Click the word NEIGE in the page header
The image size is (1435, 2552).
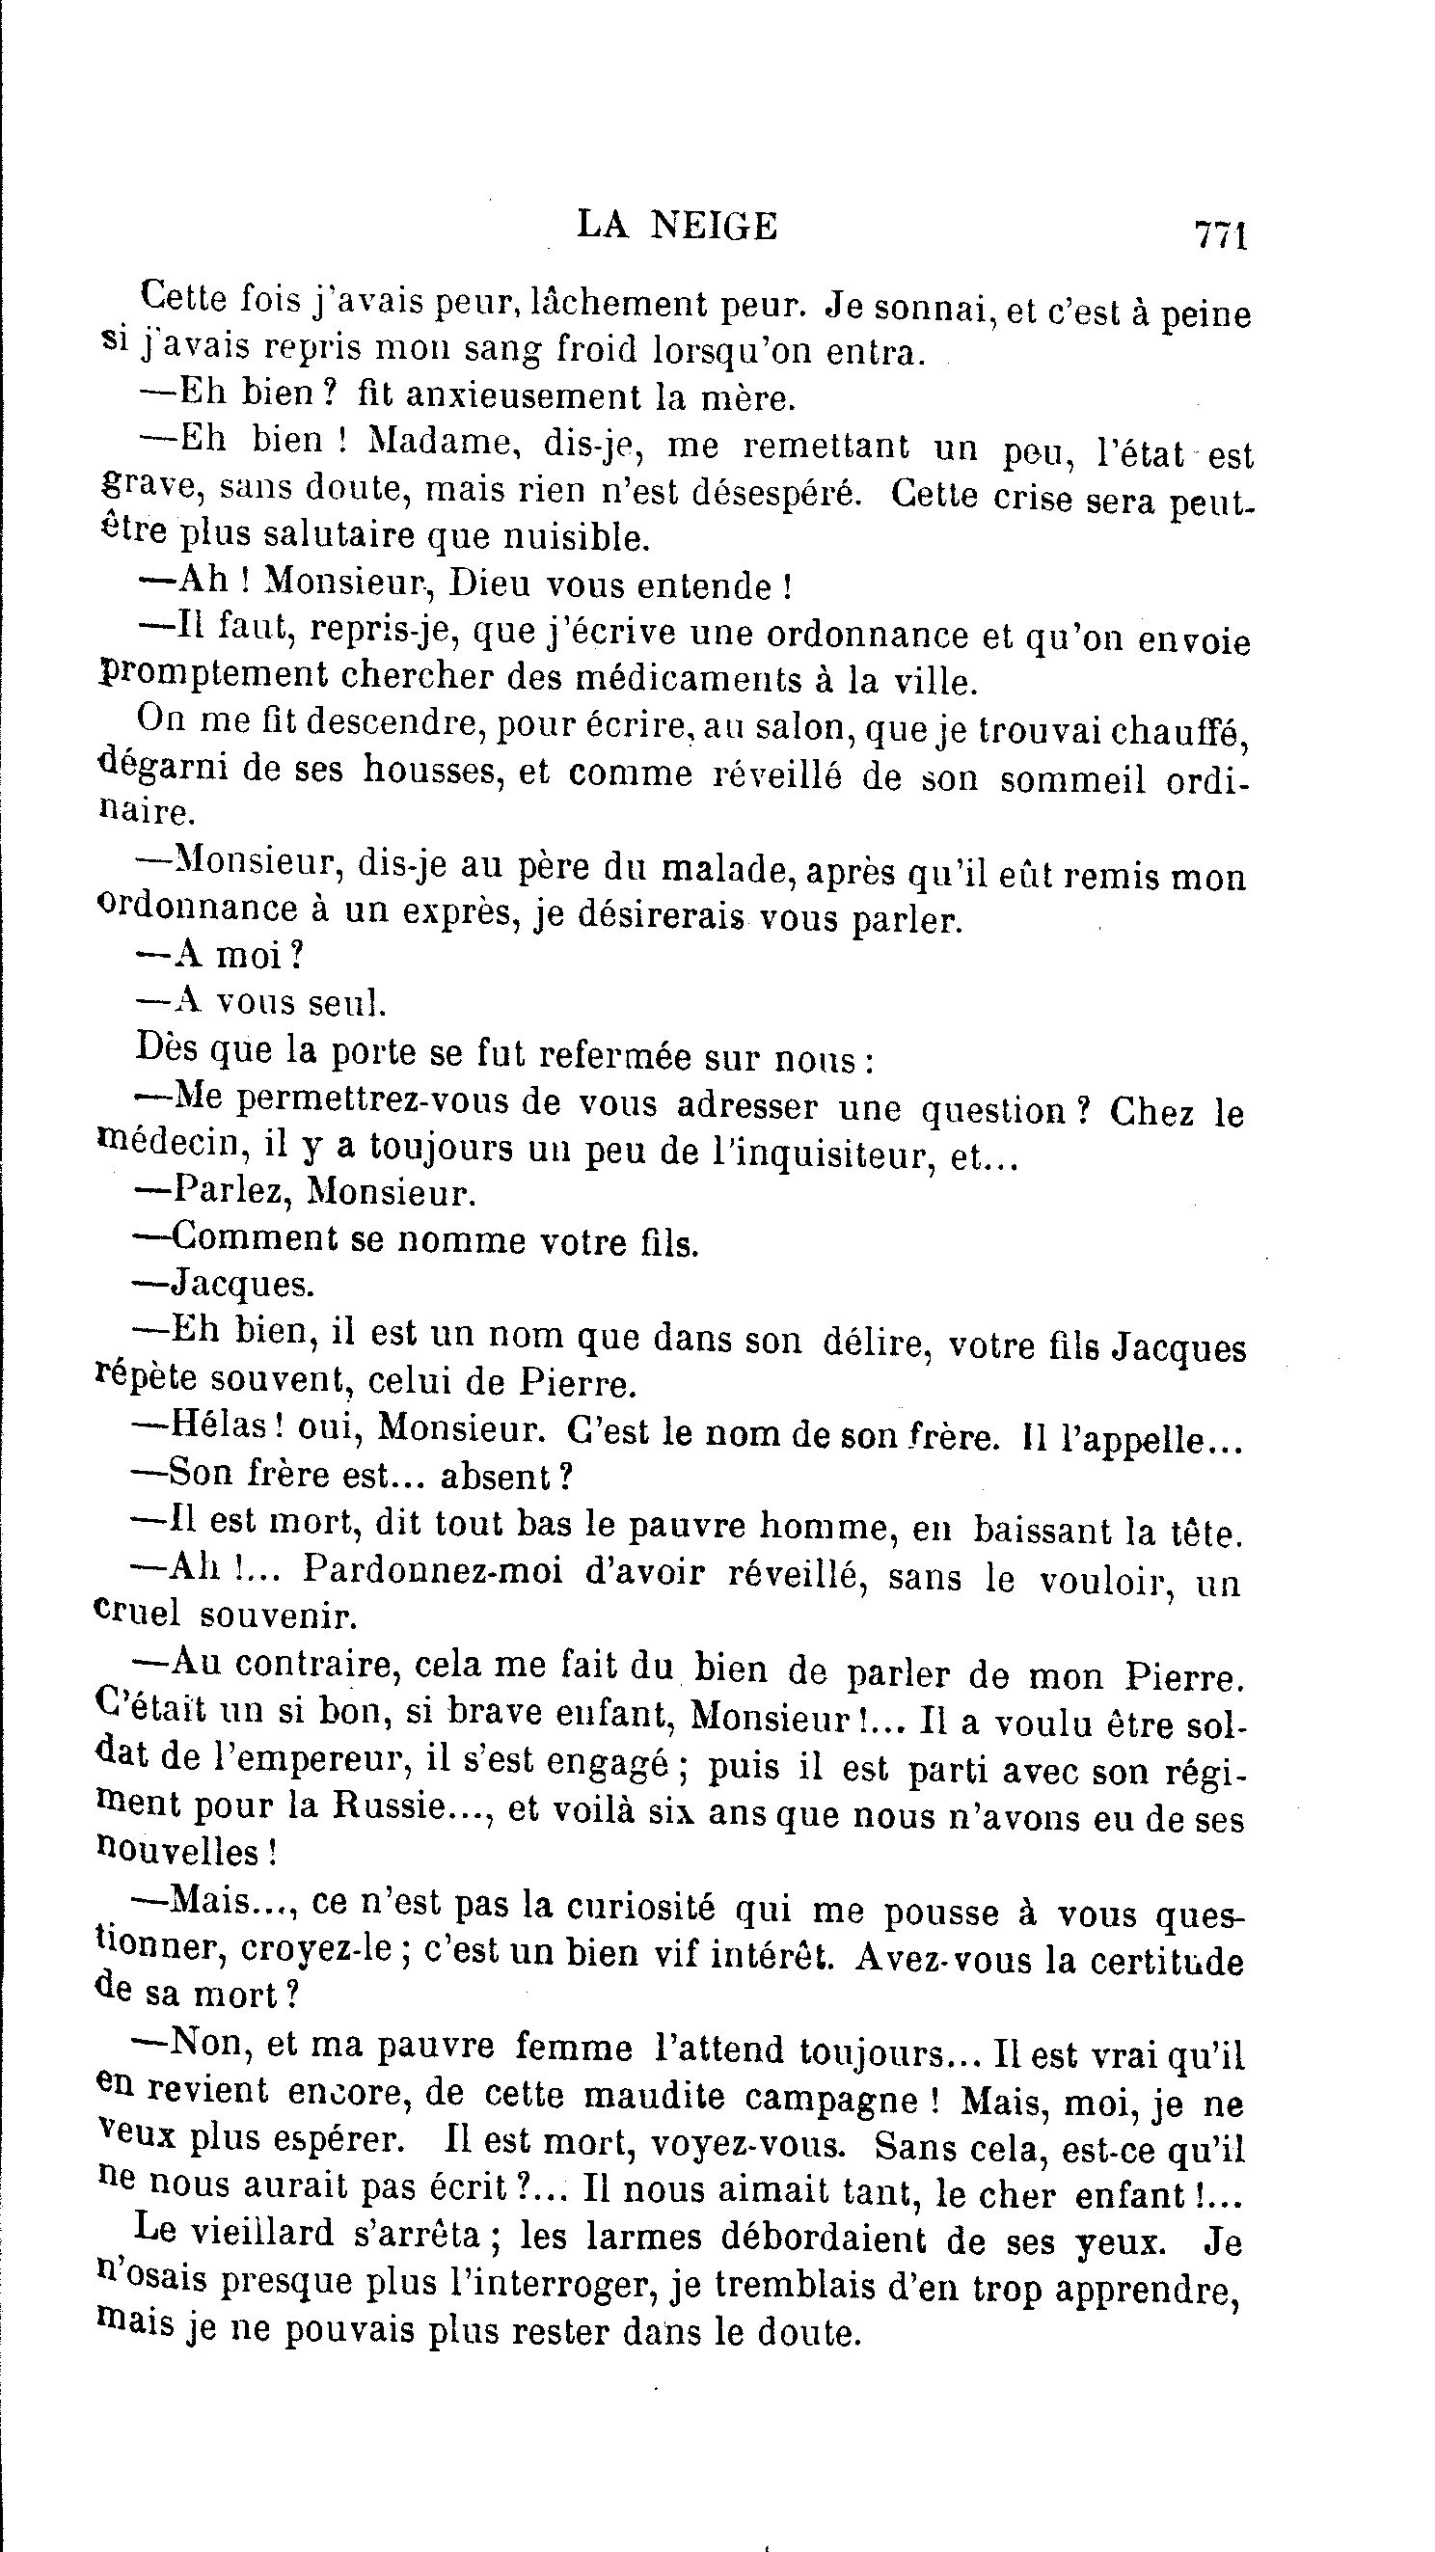click(x=714, y=227)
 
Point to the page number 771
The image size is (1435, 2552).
click(x=1220, y=236)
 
